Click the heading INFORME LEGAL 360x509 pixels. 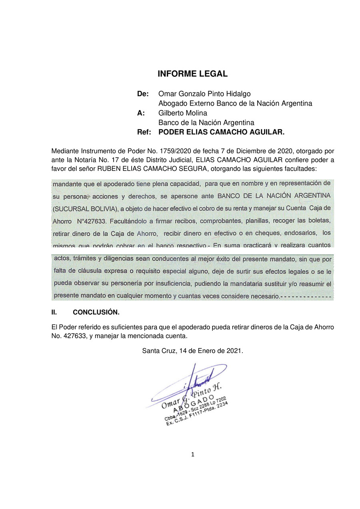192,74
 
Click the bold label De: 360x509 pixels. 143,94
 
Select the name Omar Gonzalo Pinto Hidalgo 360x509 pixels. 204,94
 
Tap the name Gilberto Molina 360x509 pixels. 182,113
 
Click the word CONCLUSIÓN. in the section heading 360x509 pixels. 96,312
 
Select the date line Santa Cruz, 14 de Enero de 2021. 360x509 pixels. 192,351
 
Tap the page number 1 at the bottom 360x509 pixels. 192,454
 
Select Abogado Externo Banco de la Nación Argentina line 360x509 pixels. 235,103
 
